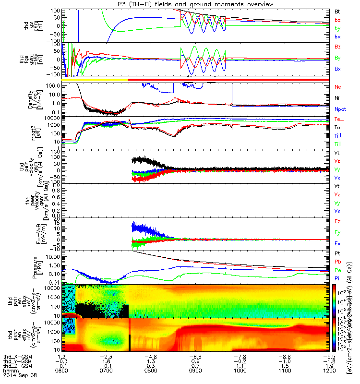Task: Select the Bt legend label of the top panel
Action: coord(337,11)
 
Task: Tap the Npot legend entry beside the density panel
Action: coord(340,109)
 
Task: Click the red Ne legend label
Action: coord(337,87)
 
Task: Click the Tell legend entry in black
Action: coord(338,127)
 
